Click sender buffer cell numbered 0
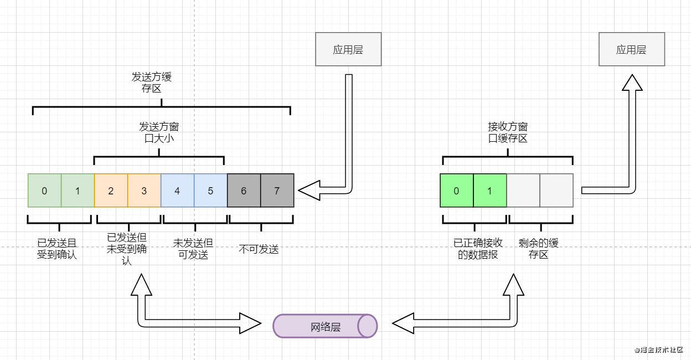click(x=44, y=191)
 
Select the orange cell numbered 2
click(x=111, y=191)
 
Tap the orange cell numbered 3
click(x=144, y=191)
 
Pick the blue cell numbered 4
click(x=177, y=191)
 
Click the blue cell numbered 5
click(x=210, y=191)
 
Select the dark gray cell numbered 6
click(x=244, y=191)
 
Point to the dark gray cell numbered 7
click(x=277, y=191)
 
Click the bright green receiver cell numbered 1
click(x=490, y=191)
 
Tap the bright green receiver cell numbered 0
click(x=457, y=191)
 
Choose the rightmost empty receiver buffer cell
click(x=556, y=191)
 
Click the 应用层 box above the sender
click(x=348, y=49)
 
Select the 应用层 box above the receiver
click(x=631, y=49)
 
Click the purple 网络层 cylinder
click(x=325, y=326)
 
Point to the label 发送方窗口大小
click(x=159, y=133)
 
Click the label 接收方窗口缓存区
click(x=508, y=133)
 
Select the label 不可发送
click(x=259, y=249)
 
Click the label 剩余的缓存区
click(x=539, y=249)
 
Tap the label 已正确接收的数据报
click(x=478, y=249)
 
